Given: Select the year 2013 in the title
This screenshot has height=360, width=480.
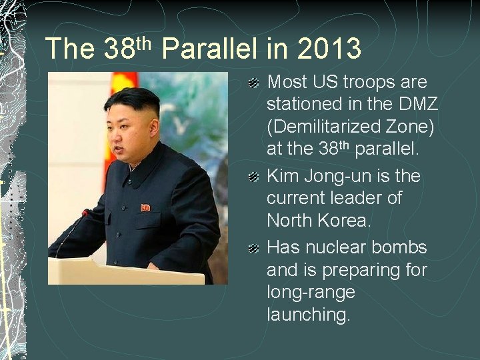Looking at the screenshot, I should [x=329, y=49].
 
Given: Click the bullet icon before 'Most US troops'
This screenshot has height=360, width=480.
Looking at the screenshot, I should [x=253, y=83].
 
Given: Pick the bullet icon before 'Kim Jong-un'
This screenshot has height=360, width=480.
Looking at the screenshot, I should [x=253, y=177].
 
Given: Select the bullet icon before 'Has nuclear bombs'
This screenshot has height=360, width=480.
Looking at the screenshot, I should [x=253, y=249].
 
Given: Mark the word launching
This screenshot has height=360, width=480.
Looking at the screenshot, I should [x=308, y=315].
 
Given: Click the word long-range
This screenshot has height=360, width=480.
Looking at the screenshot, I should [x=311, y=292].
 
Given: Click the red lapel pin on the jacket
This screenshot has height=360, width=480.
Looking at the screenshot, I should [x=145, y=207].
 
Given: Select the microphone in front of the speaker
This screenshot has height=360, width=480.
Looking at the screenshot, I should [x=85, y=214].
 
